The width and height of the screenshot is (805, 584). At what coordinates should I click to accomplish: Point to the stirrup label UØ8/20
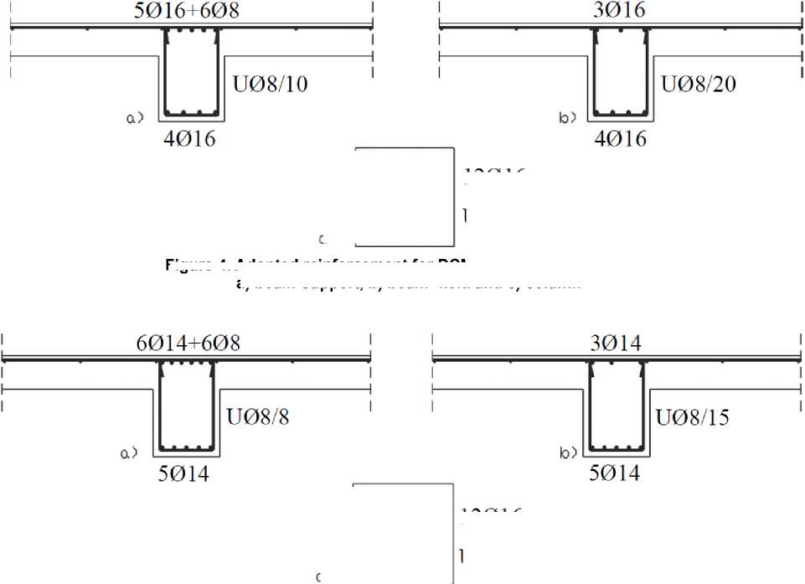point(699,84)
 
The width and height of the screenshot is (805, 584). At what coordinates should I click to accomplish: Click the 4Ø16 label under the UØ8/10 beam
point(188,138)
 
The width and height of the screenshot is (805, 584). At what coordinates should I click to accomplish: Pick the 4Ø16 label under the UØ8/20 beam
point(620,138)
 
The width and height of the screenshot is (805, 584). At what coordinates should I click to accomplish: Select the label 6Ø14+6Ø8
point(190,343)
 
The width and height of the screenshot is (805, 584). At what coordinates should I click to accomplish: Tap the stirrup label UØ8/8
point(258,416)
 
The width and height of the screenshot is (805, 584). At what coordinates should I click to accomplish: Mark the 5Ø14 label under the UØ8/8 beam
point(183,473)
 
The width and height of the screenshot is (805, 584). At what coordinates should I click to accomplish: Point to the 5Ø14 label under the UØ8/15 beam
point(614,473)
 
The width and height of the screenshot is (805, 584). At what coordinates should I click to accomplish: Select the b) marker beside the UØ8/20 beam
point(567,118)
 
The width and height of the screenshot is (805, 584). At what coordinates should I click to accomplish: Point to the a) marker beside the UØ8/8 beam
point(128,453)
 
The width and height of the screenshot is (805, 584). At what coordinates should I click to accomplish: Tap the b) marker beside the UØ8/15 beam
point(568,453)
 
